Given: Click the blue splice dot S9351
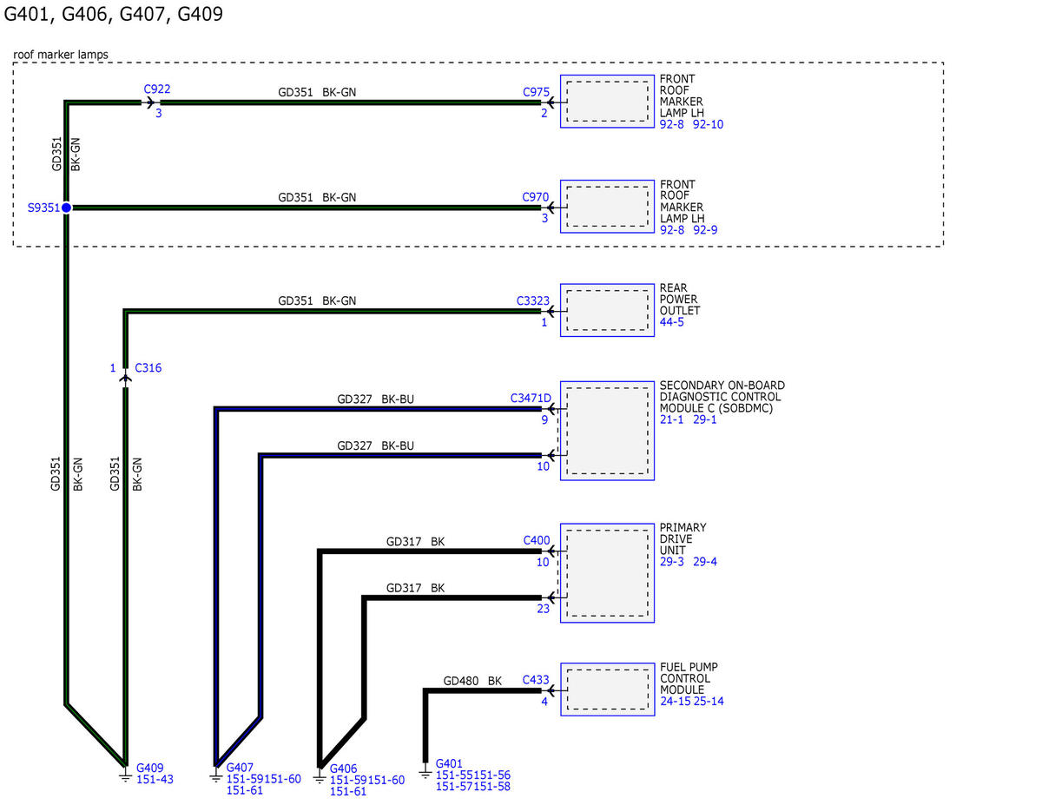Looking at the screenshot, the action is pos(66,208).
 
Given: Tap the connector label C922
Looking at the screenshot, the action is pos(157,89).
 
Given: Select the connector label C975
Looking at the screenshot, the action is pos(536,92).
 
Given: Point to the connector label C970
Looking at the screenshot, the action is pos(535,197).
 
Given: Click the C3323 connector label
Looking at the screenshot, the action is pos(533,300).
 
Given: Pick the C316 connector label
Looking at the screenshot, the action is pos(148,367).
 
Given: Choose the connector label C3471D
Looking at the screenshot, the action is pos(531,398).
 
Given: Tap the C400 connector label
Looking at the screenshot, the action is pos(537,540).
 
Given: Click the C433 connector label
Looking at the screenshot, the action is pos(536,680).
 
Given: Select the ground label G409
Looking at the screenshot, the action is pos(150,768).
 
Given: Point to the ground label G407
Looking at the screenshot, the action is pos(240,768).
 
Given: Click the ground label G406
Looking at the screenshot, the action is pos(343,769).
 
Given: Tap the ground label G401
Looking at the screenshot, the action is pos(449,763).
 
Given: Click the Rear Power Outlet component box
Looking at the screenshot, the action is pos(607,310).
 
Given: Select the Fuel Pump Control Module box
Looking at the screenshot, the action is pos(608,690).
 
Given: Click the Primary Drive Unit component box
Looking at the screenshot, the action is pos(607,573).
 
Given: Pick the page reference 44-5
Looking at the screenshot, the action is pos(672,322).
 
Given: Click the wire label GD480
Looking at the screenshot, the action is pos(461,681).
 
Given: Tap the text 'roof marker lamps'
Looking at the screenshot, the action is pos(61,55).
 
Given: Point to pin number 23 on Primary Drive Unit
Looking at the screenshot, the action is pos(543,609).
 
